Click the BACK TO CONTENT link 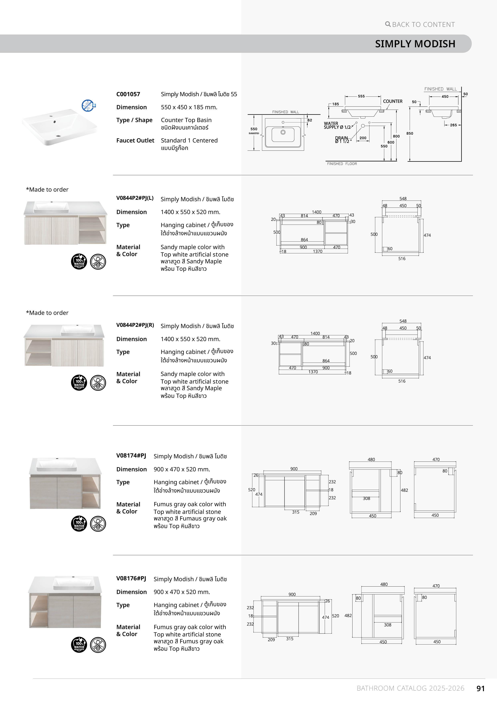tap(420, 24)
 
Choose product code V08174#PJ tap(131, 455)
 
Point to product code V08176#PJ tap(131, 578)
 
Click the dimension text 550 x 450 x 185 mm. tap(189, 107)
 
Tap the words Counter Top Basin tap(186, 120)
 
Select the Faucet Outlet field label tap(135, 140)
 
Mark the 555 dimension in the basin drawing tap(361, 96)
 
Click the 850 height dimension tap(410, 133)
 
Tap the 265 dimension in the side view tap(453, 125)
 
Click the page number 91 tap(480, 688)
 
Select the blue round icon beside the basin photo tap(88, 105)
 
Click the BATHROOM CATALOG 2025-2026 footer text tap(410, 688)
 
